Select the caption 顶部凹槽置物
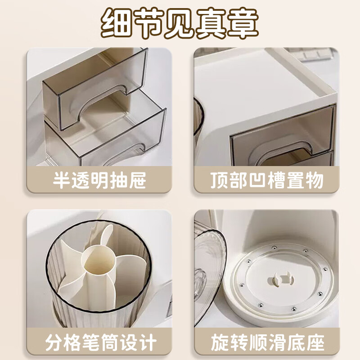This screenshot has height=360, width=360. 267,181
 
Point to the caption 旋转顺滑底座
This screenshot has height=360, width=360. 267,343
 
